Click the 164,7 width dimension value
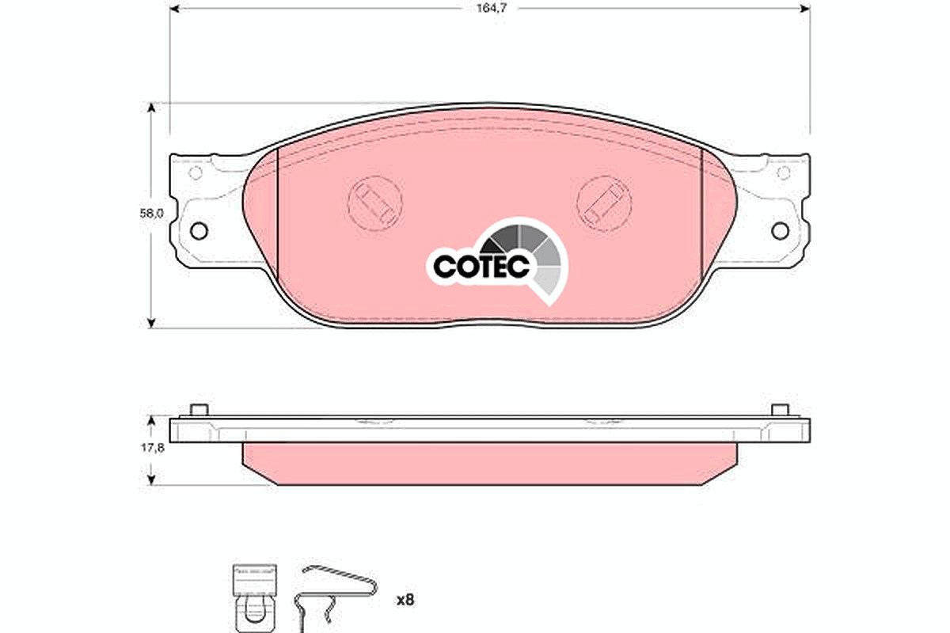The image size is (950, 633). point(491,9)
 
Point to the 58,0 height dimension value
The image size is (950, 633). point(151,214)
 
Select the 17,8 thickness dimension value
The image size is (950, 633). point(153,448)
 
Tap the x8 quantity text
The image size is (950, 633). point(405,601)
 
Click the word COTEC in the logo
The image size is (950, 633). point(481,267)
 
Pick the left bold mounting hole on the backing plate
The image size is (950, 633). point(199,231)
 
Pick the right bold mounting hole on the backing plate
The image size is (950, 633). point(780,231)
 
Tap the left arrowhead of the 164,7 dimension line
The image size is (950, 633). point(174,9)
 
